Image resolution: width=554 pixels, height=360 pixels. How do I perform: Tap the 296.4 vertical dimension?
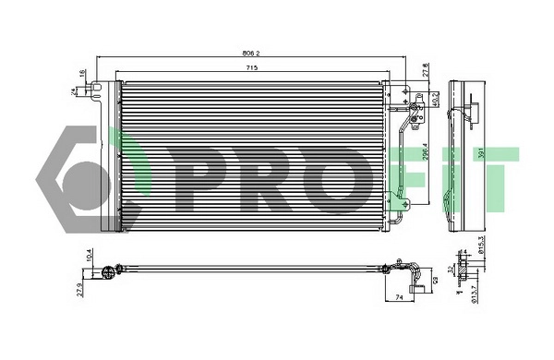[x=426, y=151]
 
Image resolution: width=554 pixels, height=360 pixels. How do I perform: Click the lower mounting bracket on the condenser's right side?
[x=398, y=197]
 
